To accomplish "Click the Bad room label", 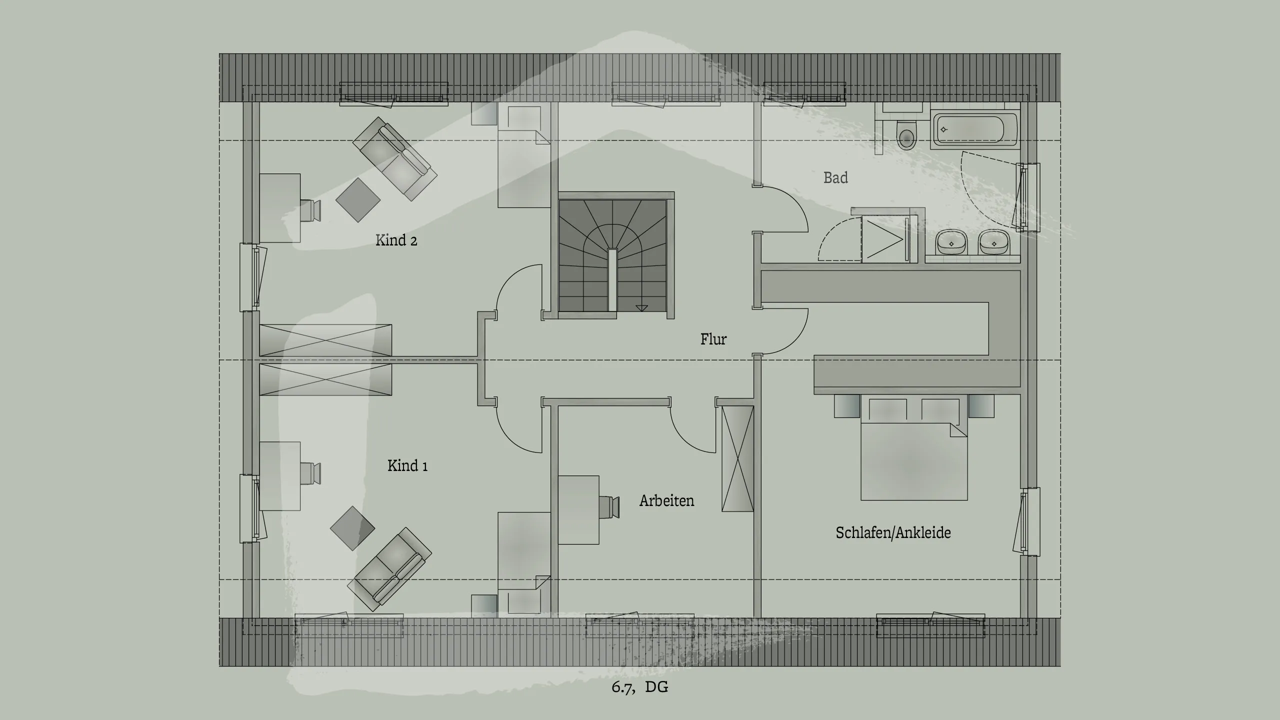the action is tap(835, 177).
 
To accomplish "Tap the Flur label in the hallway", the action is tap(713, 339).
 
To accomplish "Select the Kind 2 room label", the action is tap(396, 240).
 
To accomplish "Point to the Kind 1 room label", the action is tap(407, 466).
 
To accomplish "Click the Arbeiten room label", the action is tap(666, 501).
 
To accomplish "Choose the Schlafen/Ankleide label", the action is tap(893, 532).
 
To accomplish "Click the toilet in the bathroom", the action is tap(906, 135).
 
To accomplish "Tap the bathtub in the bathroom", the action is tap(974, 130).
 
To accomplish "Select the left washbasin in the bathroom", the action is tap(951, 243).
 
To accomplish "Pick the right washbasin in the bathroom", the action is tap(994, 243).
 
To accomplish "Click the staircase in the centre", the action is tap(613, 255).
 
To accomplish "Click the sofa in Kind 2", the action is tap(395, 158).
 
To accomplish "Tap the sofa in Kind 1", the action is tap(390, 569).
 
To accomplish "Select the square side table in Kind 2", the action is tap(357, 199).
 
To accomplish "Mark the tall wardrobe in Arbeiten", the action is tap(737, 458).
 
